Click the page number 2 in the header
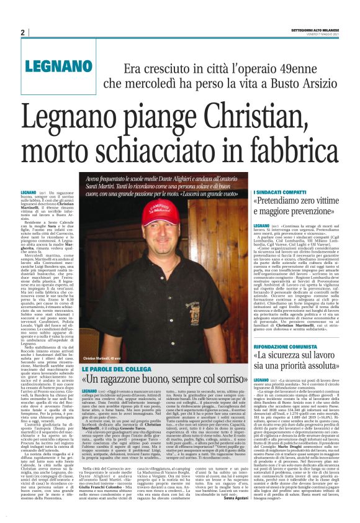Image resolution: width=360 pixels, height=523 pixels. pos(22,32)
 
